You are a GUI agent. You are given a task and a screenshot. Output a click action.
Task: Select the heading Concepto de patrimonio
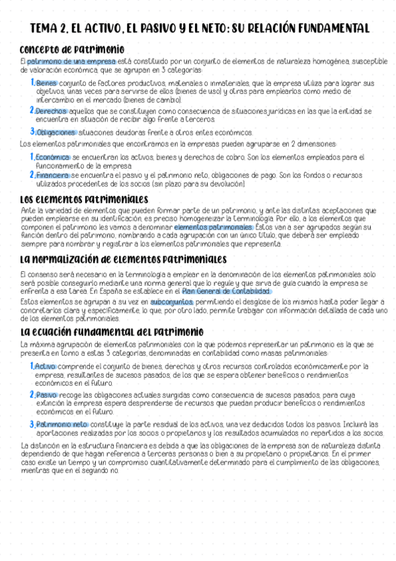72,50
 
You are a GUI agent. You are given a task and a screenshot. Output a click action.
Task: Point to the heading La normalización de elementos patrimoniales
123,259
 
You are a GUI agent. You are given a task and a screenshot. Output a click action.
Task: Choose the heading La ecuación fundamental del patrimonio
112,331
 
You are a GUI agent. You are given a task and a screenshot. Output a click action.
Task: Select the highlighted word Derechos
50,111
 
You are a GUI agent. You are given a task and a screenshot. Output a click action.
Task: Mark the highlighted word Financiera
52,175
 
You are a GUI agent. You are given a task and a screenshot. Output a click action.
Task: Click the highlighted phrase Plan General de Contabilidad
226,290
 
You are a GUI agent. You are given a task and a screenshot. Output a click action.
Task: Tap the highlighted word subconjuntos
171,302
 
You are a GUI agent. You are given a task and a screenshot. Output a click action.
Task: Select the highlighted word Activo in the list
46,366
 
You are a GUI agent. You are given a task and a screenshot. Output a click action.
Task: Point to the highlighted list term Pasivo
46,394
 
